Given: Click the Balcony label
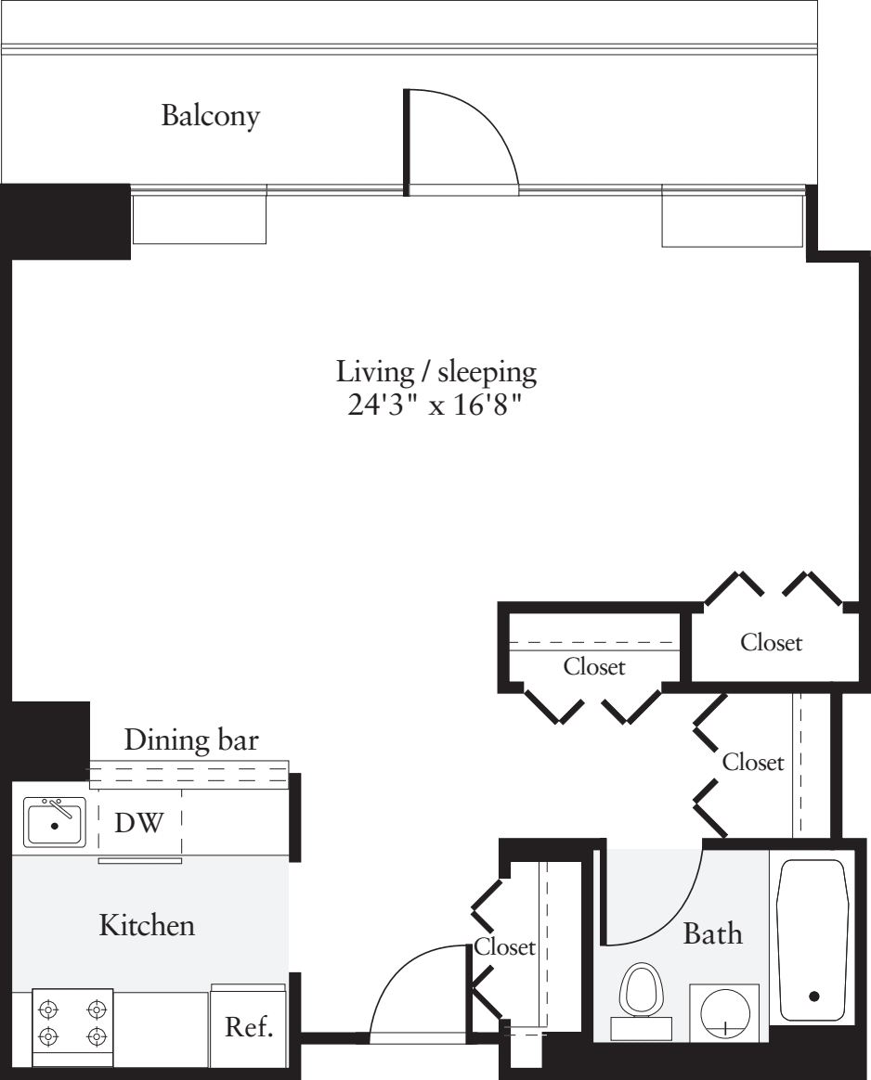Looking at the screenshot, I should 211,117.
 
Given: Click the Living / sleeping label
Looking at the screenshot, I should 436,373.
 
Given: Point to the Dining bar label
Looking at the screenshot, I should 191,740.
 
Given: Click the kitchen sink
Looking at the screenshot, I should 55,822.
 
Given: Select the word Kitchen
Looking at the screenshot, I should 147,925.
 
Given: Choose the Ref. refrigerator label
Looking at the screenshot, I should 249,1028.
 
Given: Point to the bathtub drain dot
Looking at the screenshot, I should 814,996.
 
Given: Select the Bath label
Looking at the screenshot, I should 712,933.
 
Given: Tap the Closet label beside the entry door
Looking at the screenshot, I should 504,947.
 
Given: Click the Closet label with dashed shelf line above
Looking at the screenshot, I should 594,666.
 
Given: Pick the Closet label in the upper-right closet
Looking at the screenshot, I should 771,641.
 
